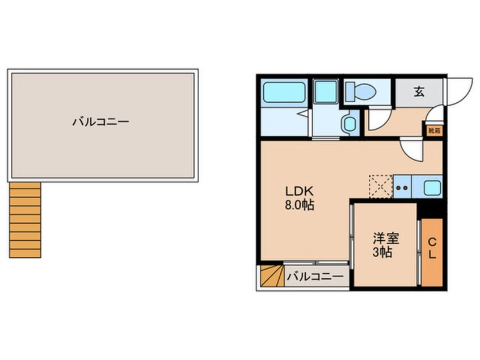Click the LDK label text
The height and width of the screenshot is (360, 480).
(299, 191)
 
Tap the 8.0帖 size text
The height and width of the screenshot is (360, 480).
(300, 205)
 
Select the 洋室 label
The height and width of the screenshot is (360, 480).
(386, 238)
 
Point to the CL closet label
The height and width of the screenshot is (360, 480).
(432, 249)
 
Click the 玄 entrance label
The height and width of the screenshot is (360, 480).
(419, 91)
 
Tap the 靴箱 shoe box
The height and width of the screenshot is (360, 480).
(435, 131)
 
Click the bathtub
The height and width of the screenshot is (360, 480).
(284, 92)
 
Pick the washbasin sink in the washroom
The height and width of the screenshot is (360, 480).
(348, 123)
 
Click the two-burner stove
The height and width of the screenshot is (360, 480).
(402, 187)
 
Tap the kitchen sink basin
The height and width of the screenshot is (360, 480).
(432, 187)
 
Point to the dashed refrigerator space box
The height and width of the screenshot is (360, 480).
(381, 187)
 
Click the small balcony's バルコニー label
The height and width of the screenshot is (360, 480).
(315, 277)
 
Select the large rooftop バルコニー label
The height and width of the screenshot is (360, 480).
(101, 122)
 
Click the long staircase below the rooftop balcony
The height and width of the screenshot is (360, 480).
(25, 220)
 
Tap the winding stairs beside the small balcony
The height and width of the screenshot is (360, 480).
(272, 276)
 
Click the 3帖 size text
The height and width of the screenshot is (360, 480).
(382, 253)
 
